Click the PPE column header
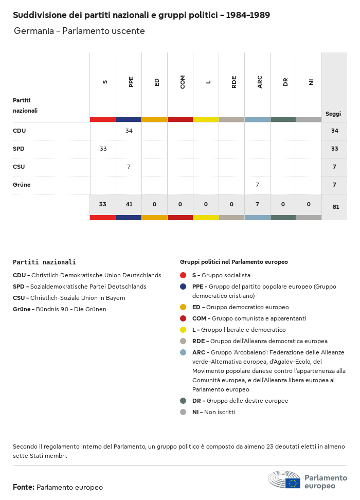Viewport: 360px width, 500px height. coord(131,82)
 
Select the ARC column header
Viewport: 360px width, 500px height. coord(260,82)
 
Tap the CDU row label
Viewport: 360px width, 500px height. coord(20,131)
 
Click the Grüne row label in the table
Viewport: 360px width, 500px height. coord(22,185)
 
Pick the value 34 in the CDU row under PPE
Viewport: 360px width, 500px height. coord(129,131)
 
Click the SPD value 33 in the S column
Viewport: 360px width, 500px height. coord(103,149)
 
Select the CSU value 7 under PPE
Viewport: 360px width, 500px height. coord(129,167)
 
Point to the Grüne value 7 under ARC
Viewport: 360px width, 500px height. coord(257,185)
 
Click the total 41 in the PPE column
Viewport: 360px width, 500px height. coord(129,204)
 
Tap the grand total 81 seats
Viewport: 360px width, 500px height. coord(334,207)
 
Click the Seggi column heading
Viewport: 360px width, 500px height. coord(333,114)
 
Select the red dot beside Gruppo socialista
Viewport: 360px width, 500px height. coord(183,275)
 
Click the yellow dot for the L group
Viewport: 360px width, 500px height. coord(183,330)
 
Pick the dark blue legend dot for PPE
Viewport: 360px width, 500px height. coord(183,287)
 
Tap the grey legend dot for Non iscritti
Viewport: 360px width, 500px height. coord(183,412)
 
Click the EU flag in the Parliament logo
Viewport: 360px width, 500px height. coord(293,483)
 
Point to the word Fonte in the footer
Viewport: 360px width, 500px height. coord(24,487)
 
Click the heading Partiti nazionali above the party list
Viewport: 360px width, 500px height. coord(44,262)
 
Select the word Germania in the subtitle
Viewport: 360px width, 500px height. coord(33,31)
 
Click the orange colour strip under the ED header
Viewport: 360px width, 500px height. coord(154,119)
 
